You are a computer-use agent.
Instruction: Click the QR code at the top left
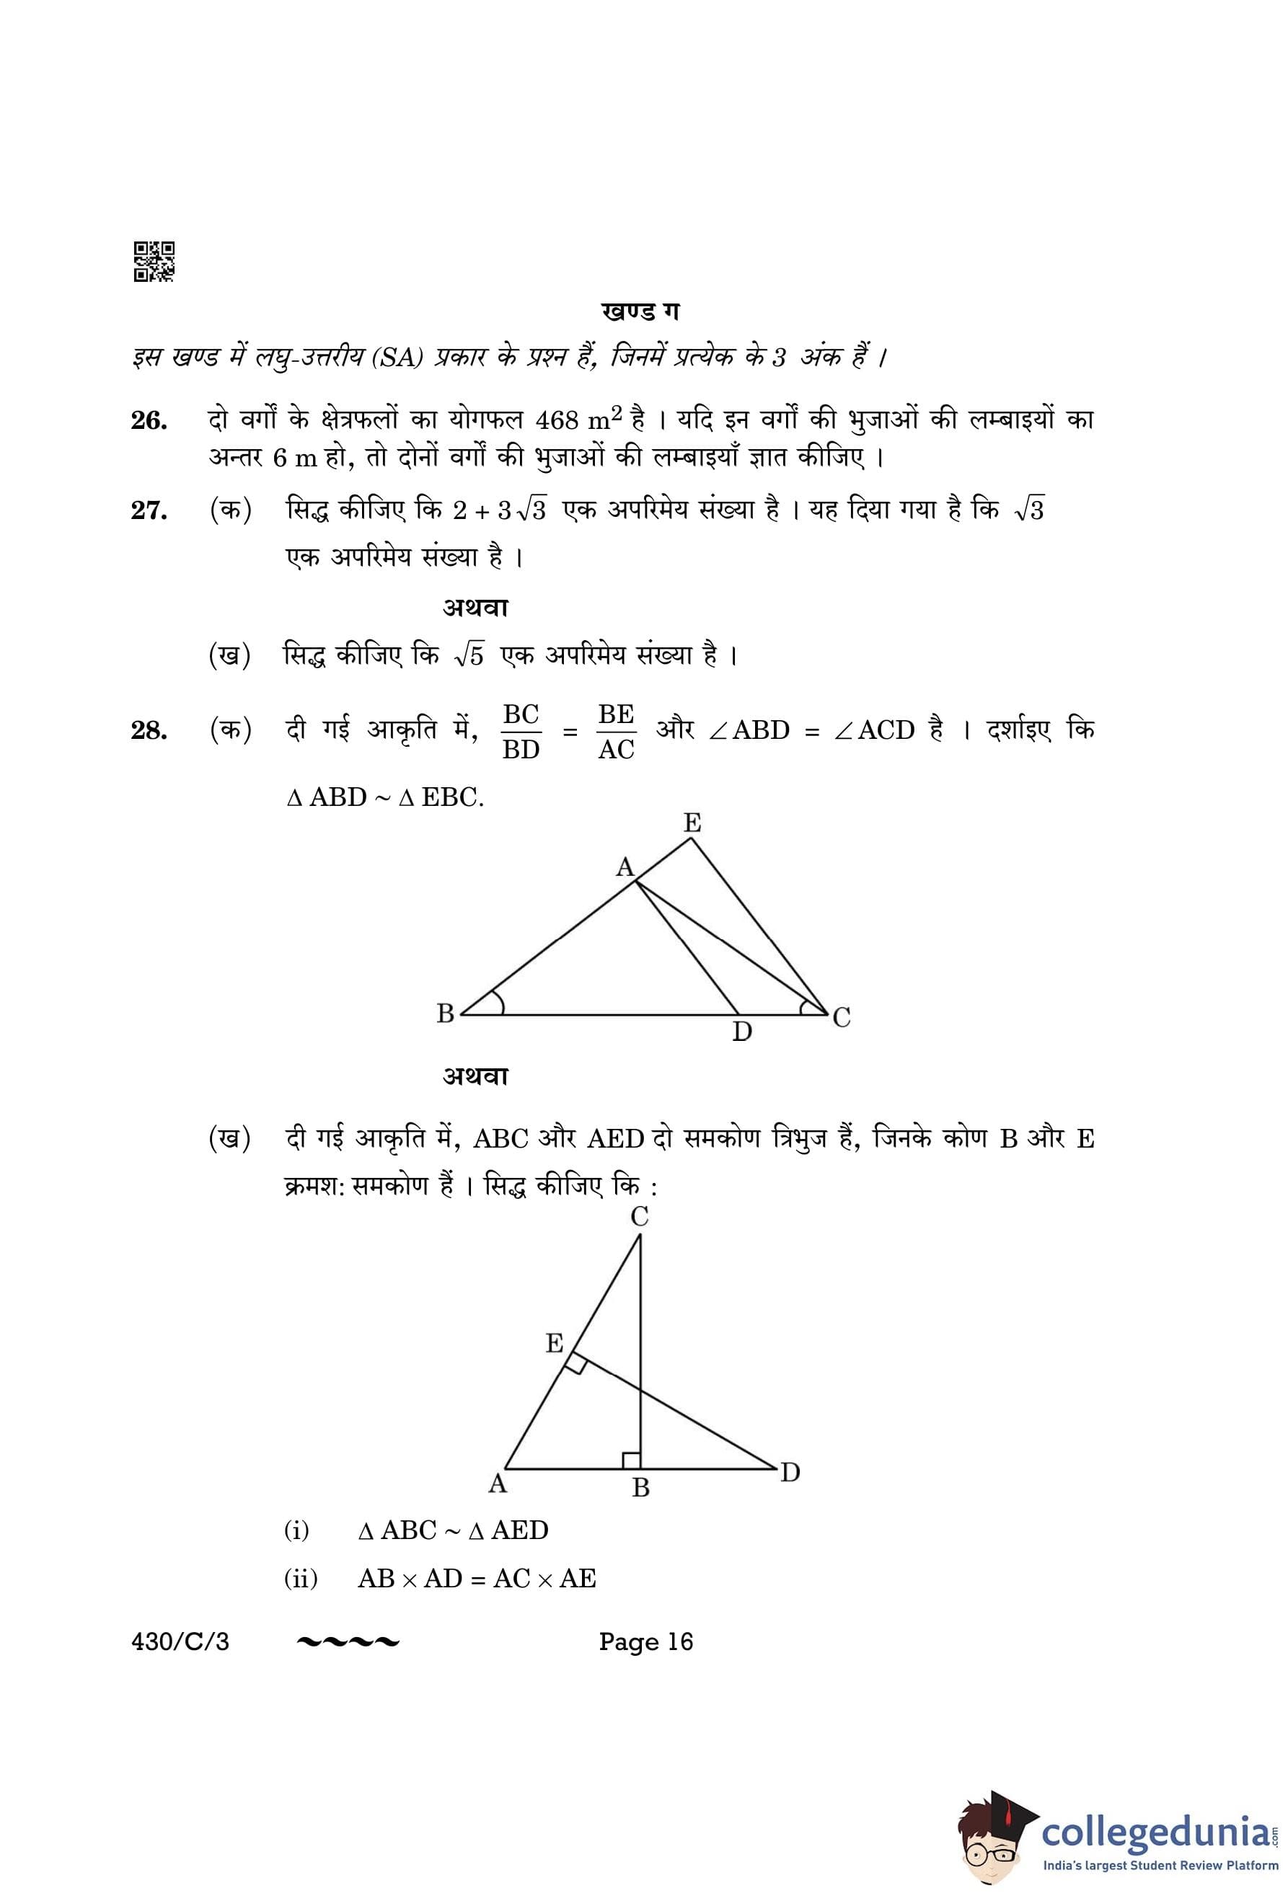[153, 262]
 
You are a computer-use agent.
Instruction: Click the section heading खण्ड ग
[640, 312]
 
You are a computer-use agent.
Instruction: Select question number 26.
[149, 421]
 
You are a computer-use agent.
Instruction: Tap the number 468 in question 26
[557, 420]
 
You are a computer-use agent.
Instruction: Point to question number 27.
[149, 510]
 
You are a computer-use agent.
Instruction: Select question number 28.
[149, 731]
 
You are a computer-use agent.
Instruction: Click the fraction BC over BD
[521, 732]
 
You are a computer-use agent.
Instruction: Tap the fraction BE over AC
[616, 732]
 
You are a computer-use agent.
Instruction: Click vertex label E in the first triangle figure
[692, 823]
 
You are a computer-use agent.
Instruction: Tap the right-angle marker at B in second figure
[631, 1460]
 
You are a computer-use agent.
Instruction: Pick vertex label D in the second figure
[790, 1473]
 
